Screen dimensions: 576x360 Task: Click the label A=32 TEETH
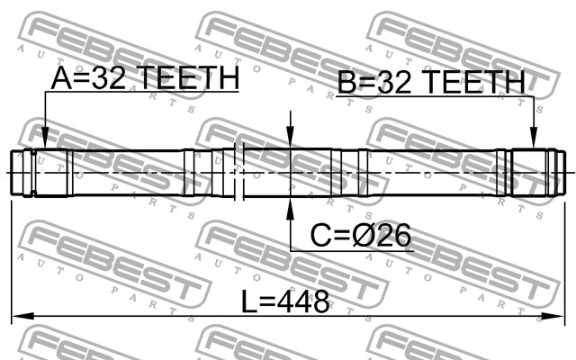coord(146,78)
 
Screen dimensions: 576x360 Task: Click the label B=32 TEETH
coord(432,82)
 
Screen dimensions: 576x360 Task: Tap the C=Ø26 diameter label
coord(361,236)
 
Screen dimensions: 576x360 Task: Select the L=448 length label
coord(285,301)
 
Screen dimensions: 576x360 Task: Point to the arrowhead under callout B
coord(534,138)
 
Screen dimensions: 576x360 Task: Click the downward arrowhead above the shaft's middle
coord(291,138)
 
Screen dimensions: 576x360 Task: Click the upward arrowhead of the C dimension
coord(291,209)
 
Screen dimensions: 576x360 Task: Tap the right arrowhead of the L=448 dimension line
coord(553,316)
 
